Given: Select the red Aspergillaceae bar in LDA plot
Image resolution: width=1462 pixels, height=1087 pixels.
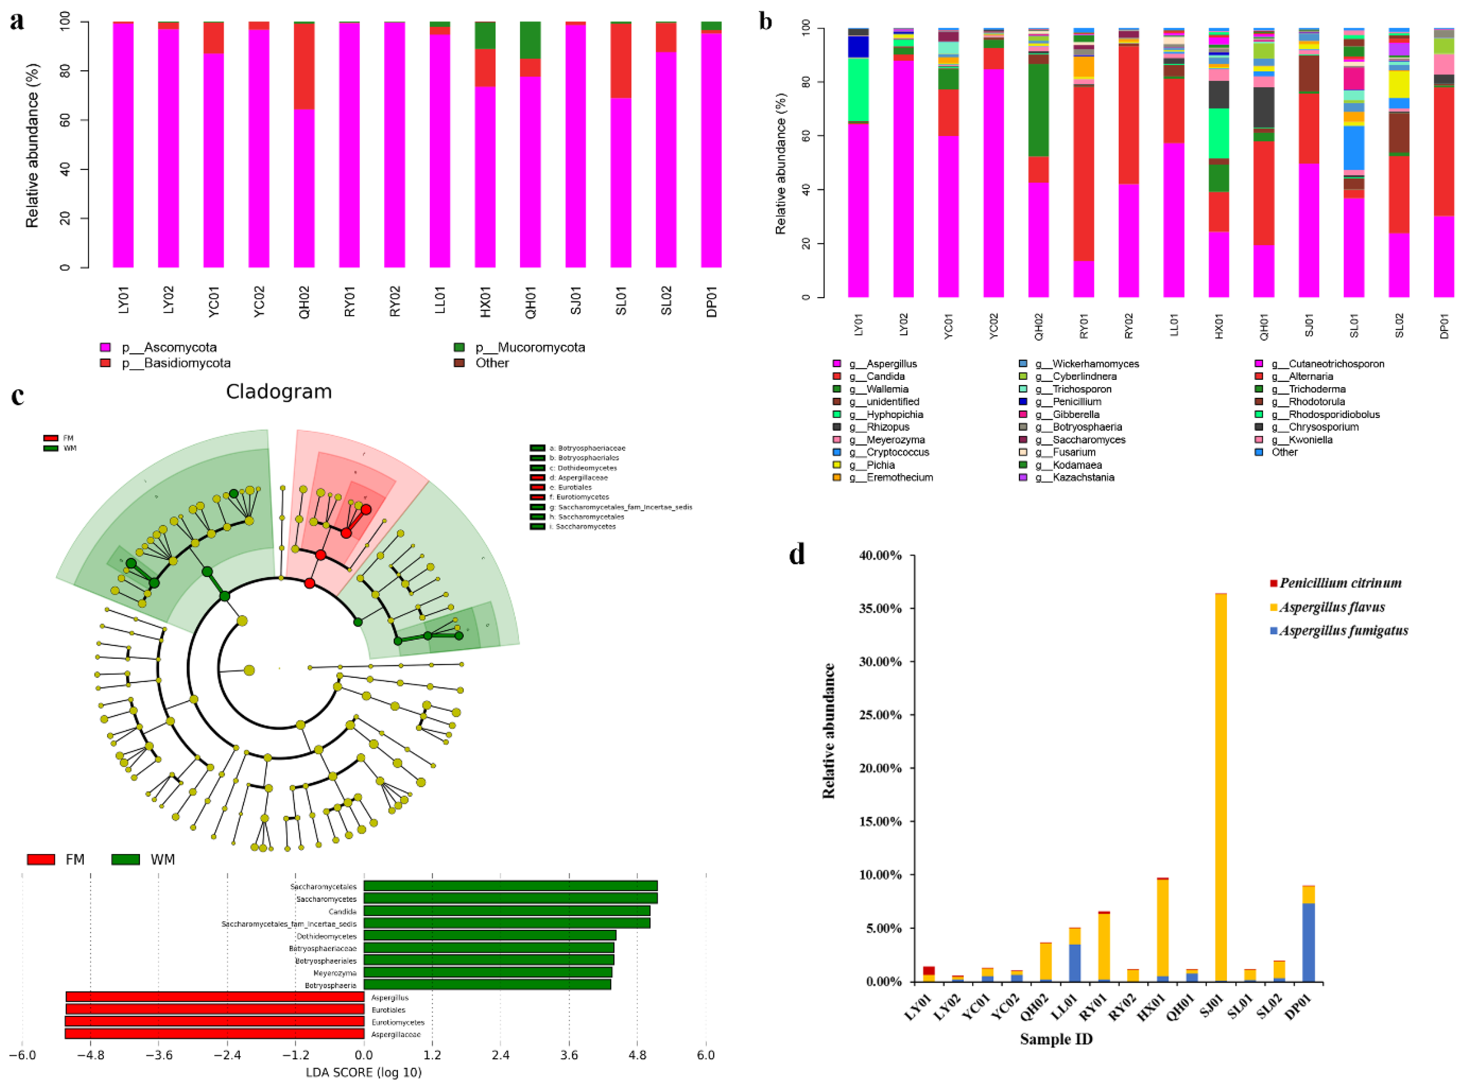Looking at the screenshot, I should [x=214, y=1034].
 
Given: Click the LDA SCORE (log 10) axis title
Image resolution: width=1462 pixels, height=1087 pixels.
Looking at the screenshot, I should [x=363, y=1072].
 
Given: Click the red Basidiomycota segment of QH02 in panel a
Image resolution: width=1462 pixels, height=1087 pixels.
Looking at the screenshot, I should [x=304, y=66].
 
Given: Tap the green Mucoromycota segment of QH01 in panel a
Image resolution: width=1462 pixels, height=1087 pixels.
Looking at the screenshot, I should [x=530, y=40].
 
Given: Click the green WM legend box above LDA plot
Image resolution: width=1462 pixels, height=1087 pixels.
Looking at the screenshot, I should [x=125, y=859].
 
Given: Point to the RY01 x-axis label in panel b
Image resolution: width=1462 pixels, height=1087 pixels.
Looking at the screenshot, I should [x=1084, y=326].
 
